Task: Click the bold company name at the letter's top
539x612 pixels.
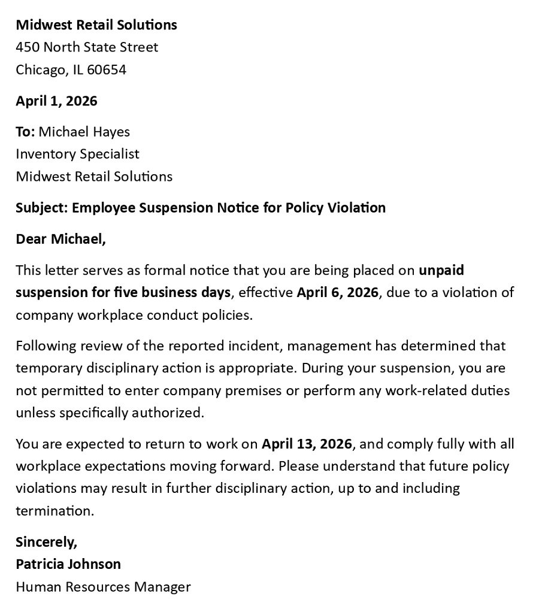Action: [x=96, y=25]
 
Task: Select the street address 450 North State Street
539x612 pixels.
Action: [x=87, y=47]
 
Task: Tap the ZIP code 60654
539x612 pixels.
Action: [x=107, y=69]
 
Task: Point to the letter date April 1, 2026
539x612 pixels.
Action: [x=56, y=101]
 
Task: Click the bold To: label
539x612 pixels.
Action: [x=25, y=131]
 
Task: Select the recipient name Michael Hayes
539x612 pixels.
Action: [x=84, y=131]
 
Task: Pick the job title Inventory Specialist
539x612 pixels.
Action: [x=77, y=154]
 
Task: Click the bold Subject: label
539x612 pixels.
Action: [x=41, y=208]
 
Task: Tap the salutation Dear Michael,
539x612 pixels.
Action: [x=60, y=239]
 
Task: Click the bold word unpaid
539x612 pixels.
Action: [x=441, y=270]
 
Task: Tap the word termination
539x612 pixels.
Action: [x=54, y=511]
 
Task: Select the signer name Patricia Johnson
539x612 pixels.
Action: [x=68, y=563]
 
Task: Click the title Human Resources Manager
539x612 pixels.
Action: [x=103, y=586]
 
